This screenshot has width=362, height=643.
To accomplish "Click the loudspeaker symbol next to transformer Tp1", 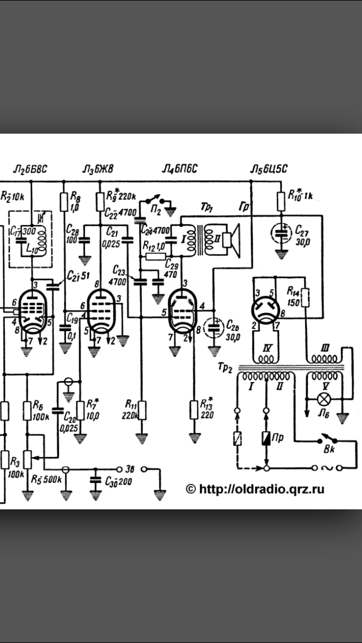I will click(x=232, y=241).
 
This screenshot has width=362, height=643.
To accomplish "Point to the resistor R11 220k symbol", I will click(x=142, y=410).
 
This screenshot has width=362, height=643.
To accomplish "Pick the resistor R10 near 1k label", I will click(x=281, y=201).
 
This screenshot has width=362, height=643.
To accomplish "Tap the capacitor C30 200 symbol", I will click(x=95, y=480).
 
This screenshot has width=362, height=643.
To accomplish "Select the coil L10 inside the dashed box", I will click(x=43, y=239).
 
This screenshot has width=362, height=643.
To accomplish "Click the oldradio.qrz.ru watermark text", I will click(x=255, y=489).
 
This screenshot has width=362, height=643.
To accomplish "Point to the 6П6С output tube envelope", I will click(x=183, y=312).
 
